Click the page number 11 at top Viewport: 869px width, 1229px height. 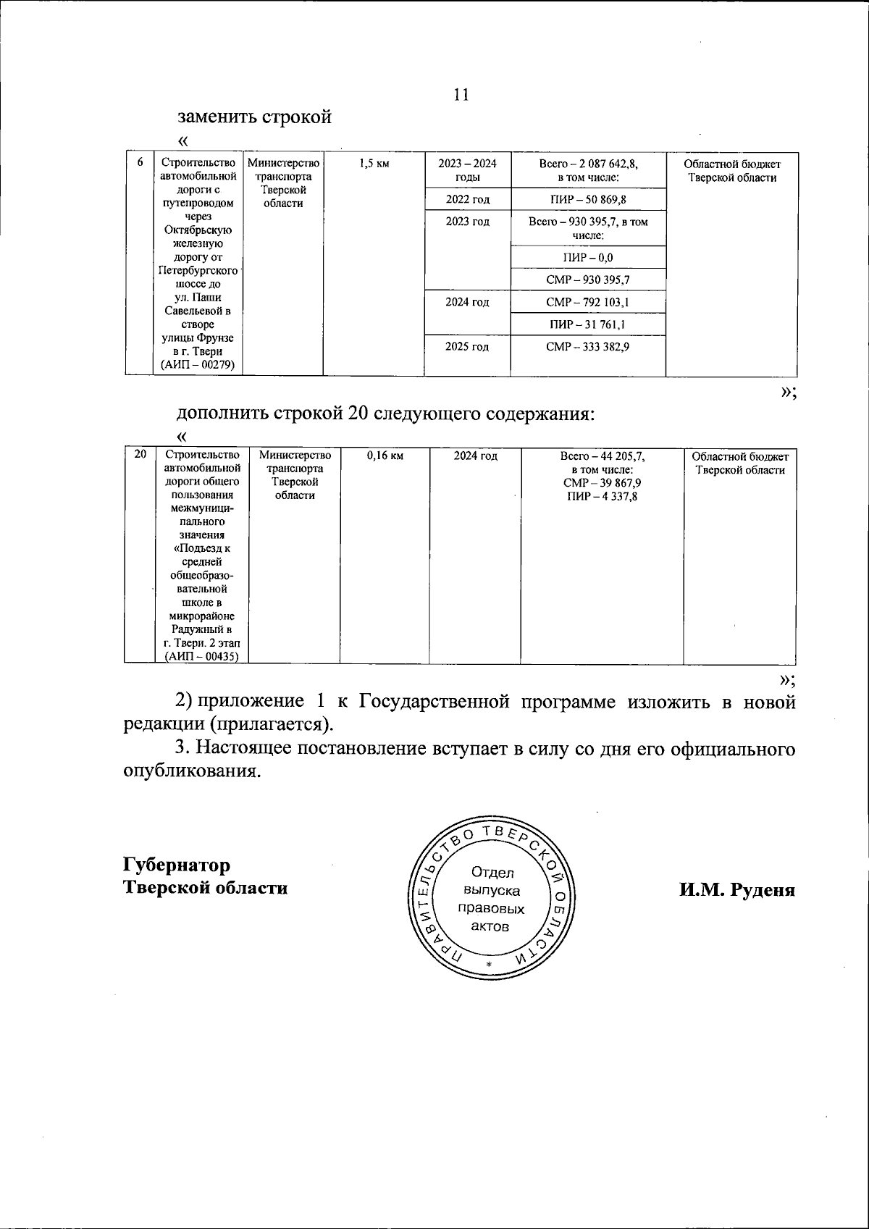(461, 95)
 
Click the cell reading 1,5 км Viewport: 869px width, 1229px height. (374, 164)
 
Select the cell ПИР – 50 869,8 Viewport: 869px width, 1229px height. (587, 200)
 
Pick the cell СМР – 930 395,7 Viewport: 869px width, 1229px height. (587, 280)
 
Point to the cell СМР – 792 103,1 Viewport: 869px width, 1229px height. (587, 302)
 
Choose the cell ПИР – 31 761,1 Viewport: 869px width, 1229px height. (587, 324)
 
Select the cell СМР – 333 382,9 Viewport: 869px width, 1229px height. (587, 347)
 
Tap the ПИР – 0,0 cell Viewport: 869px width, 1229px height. (587, 257)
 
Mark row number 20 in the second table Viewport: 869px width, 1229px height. (140, 455)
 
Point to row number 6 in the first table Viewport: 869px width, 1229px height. (140, 162)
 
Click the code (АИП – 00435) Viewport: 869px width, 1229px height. (202, 656)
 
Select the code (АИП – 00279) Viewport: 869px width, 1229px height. (198, 365)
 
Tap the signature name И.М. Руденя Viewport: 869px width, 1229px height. (736, 889)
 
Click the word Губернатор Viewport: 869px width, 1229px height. (177, 865)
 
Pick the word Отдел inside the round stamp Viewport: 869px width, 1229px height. (492, 873)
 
